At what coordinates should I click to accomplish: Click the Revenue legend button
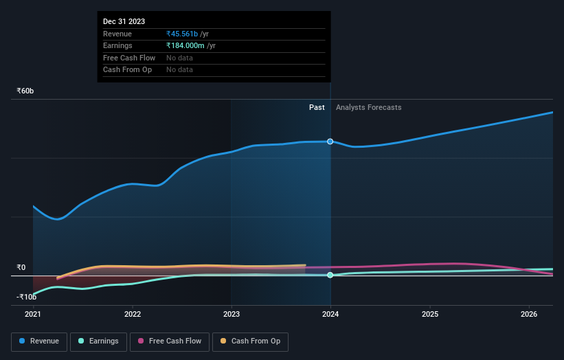[x=39, y=341]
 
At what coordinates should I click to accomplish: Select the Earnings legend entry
[x=98, y=341]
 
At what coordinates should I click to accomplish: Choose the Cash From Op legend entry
[x=250, y=341]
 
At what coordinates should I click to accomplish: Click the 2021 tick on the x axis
[x=33, y=315]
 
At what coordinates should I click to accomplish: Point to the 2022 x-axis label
[x=133, y=315]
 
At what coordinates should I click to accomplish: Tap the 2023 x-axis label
[x=232, y=315]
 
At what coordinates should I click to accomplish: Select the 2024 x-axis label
[x=330, y=315]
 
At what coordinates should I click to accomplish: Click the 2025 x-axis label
[x=430, y=315]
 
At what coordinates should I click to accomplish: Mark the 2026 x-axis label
[x=529, y=315]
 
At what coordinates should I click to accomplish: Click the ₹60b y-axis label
[x=25, y=91]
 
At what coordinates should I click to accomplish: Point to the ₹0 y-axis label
[x=21, y=267]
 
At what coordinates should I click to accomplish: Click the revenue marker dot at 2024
[x=330, y=142]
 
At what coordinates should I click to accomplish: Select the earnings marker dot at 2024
[x=330, y=275]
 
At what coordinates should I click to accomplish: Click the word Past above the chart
[x=317, y=107]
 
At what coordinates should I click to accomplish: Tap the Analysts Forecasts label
[x=368, y=107]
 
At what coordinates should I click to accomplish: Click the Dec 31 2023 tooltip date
[x=124, y=22]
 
